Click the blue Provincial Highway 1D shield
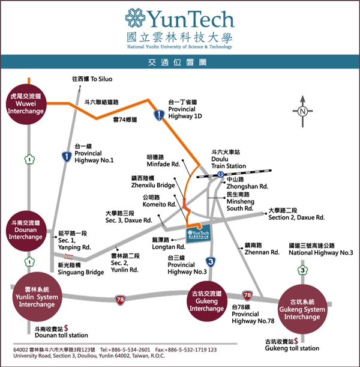[x=158, y=114]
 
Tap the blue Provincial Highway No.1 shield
[x=67, y=156]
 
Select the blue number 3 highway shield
[x=210, y=261]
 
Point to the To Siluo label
[x=92, y=79]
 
